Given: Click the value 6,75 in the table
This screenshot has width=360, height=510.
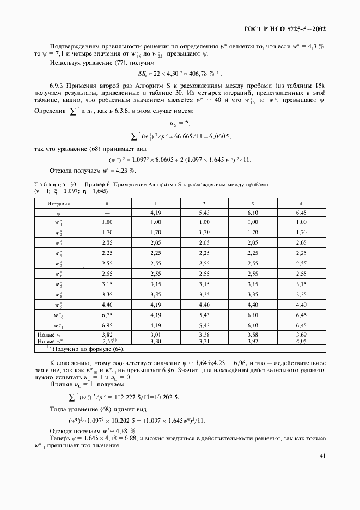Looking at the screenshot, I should pos(107,314).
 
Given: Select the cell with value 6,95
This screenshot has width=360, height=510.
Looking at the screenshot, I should pos(107,325).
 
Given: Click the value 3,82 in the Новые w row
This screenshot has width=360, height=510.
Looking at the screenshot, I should pos(107,334).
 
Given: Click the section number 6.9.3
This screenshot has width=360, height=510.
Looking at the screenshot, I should pos(58,87).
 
